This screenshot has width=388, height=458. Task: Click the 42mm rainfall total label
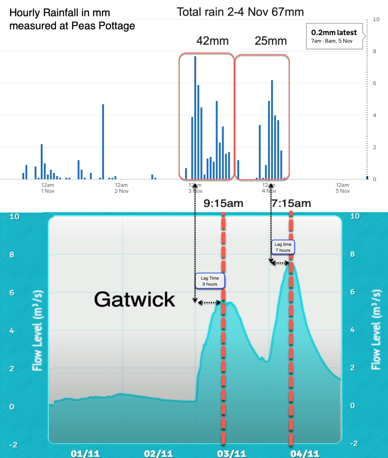[212, 41]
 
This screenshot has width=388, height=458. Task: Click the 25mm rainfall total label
[271, 41]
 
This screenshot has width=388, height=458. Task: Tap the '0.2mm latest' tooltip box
[335, 36]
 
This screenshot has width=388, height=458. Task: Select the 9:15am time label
[224, 204]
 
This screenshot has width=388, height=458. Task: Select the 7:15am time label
[291, 204]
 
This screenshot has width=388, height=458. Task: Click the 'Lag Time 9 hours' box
[210, 280]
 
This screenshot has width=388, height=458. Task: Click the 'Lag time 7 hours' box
[283, 247]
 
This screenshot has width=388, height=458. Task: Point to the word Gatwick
[134, 300]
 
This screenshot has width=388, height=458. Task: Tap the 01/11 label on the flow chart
[85, 453]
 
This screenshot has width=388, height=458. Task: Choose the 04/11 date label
[307, 453]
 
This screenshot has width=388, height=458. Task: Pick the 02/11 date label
[159, 453]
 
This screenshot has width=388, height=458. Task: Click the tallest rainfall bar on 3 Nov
[195, 117]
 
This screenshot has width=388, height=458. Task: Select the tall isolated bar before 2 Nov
[103, 141]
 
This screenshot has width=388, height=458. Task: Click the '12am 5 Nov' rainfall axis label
[342, 188]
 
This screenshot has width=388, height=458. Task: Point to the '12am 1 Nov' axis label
[47, 188]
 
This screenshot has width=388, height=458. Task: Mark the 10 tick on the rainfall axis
[377, 20]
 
